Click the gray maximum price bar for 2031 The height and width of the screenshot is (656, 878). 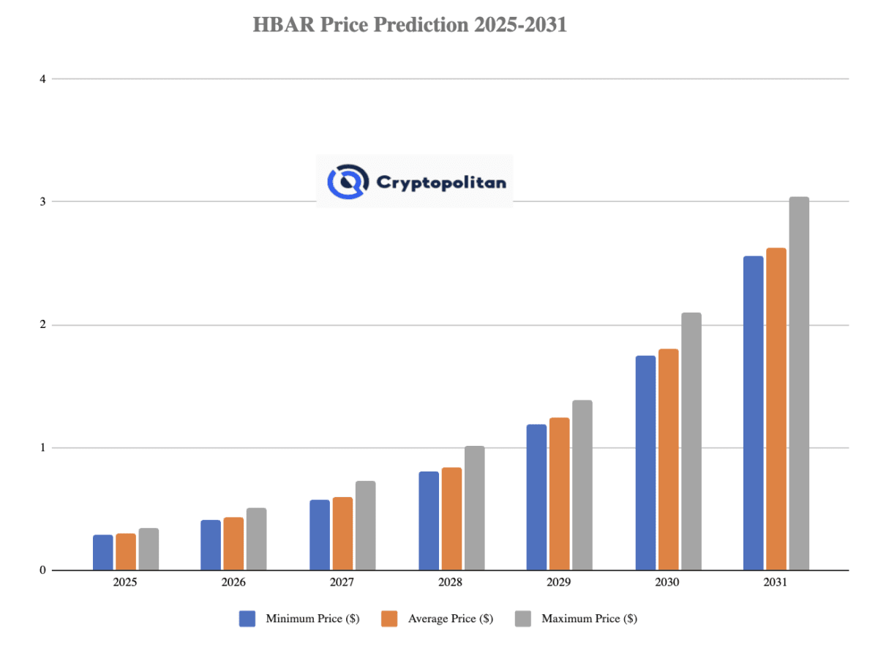(798, 384)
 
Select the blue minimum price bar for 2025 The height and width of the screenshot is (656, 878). (103, 553)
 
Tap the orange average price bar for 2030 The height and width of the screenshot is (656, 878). (668, 460)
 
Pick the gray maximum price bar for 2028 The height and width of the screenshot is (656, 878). (474, 508)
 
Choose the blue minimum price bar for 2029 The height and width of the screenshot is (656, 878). (536, 497)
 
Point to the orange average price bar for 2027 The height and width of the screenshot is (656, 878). (342, 534)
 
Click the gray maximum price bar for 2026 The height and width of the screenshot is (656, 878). (256, 539)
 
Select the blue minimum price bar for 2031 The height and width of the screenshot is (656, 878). (753, 413)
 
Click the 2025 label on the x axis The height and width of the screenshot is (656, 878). (124, 584)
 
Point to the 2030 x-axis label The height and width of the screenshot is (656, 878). (667, 584)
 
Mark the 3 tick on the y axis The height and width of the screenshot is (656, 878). (42, 201)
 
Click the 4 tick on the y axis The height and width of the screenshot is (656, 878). (42, 78)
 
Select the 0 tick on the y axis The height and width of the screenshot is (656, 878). (42, 570)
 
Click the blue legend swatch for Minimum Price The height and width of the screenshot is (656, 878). (247, 619)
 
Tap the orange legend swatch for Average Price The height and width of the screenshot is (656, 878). (389, 619)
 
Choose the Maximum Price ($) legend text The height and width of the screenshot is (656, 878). (589, 619)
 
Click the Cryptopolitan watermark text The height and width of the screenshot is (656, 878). (440, 182)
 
